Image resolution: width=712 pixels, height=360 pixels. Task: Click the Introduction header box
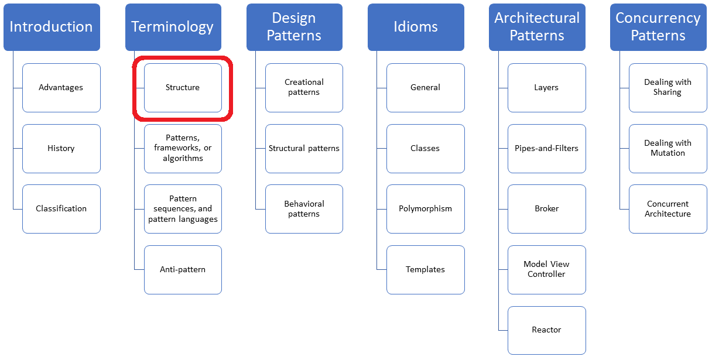(x=52, y=27)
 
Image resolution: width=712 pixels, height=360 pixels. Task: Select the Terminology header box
(x=173, y=27)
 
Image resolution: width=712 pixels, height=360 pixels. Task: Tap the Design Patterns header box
(x=294, y=27)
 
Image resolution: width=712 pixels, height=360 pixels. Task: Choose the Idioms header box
(x=416, y=27)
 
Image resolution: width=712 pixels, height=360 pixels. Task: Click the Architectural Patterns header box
(x=537, y=27)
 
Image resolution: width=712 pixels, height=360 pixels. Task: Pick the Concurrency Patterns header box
(x=658, y=27)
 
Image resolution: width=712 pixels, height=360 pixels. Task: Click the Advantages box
(x=61, y=88)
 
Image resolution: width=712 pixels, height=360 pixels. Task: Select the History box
(x=61, y=149)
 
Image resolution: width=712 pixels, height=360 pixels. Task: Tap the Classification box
(x=61, y=209)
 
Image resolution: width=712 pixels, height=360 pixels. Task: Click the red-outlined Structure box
(x=183, y=88)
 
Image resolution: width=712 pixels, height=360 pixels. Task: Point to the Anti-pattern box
(x=183, y=270)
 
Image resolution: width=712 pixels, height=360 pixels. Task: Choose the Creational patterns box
(x=304, y=88)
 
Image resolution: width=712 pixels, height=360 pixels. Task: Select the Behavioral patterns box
(x=304, y=209)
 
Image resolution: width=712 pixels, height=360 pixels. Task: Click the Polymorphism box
(x=426, y=209)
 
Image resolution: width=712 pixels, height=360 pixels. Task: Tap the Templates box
(x=426, y=270)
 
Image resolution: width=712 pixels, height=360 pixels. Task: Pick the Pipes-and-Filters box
(x=547, y=149)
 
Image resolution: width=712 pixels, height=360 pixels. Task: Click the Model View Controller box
(x=547, y=270)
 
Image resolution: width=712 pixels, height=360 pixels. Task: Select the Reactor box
(x=547, y=330)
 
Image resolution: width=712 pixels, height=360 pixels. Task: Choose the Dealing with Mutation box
(x=668, y=149)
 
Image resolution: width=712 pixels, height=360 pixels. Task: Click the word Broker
(x=547, y=209)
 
